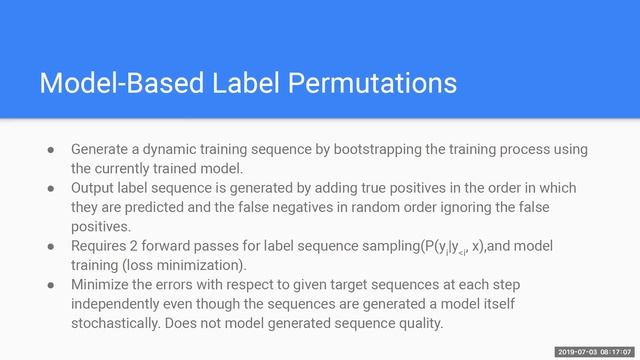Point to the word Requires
tap(102, 245)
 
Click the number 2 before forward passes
tap(142, 245)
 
